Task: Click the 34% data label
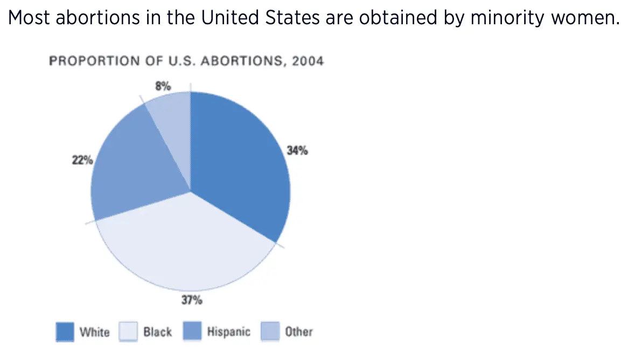point(297,151)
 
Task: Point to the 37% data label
point(191,300)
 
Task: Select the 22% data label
point(82,160)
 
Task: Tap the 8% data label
point(163,85)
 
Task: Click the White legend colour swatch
point(65,331)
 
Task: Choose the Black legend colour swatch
point(128,331)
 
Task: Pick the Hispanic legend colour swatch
point(192,331)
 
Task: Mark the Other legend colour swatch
point(270,331)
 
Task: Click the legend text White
point(94,332)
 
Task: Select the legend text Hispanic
point(228,332)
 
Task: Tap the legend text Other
point(299,332)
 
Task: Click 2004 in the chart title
point(308,61)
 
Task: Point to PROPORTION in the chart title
point(87,61)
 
